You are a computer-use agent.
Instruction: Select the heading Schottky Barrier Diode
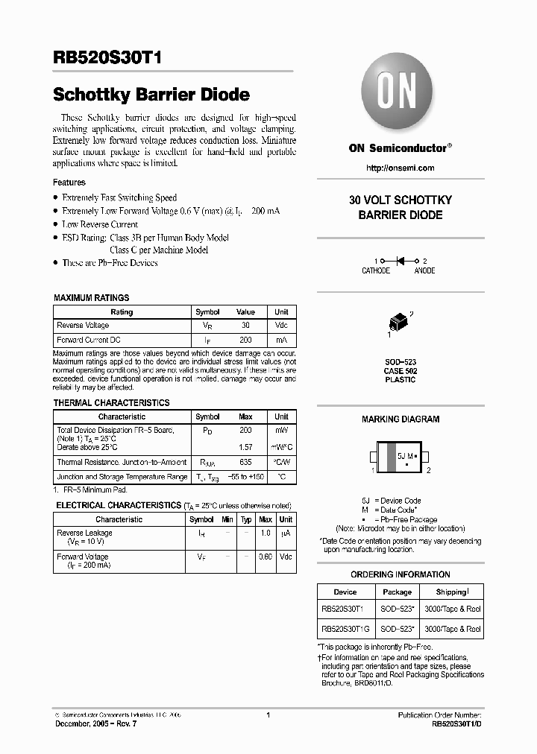click(151, 95)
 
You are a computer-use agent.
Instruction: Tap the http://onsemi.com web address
click(400, 168)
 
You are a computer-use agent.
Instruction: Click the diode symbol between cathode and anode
click(400, 261)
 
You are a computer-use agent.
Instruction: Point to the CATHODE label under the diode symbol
click(376, 271)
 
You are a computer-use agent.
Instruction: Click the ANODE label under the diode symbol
click(425, 271)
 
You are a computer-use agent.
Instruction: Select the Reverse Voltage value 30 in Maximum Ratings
click(245, 326)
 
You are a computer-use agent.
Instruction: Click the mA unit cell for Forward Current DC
click(281, 340)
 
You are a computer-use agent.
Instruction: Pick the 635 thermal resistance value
click(245, 463)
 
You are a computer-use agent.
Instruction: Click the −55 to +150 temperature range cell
click(245, 477)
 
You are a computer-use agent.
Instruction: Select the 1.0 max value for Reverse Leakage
click(265, 533)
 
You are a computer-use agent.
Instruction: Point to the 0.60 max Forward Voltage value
click(265, 557)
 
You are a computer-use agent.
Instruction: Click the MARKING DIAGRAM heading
click(401, 419)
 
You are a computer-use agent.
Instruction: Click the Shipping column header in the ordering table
click(452, 592)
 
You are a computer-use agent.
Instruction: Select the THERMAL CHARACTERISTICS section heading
click(112, 403)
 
